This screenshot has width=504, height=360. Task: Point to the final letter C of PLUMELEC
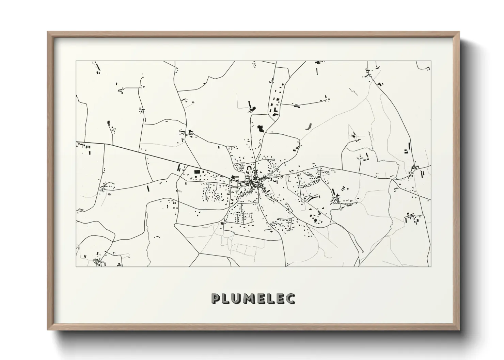point(290,298)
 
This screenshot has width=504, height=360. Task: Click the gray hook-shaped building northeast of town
point(309,126)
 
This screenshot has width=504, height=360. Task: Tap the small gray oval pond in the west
point(109,194)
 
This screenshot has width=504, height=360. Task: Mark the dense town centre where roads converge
point(255,184)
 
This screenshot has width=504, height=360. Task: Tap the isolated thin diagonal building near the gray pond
point(148,188)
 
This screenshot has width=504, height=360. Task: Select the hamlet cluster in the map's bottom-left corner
point(99,262)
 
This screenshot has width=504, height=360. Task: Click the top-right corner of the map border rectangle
point(430,61)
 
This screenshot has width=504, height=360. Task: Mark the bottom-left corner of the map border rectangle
point(76,266)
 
